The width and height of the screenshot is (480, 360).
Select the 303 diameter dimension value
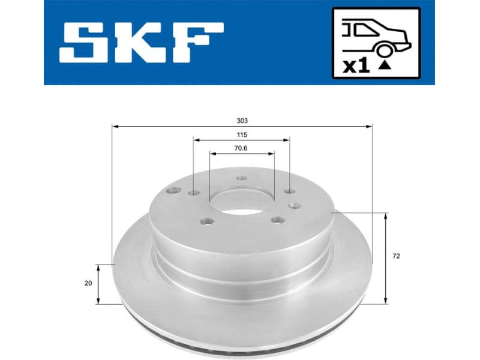coord(242,121)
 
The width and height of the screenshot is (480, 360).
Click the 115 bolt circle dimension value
coord(242,135)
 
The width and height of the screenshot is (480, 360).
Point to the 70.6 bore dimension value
coord(242,148)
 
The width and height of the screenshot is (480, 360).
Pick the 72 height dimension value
coord(395,256)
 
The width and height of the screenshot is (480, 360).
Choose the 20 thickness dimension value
coord(88,284)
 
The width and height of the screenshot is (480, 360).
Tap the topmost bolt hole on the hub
coord(241,178)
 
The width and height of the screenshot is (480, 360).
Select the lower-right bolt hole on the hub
coord(276,220)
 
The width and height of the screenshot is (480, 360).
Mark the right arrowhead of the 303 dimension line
coord(370,127)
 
